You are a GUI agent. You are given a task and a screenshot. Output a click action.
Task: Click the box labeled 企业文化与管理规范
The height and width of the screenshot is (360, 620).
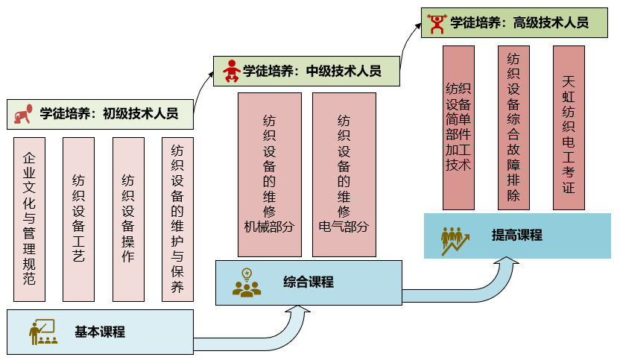pos(30,219)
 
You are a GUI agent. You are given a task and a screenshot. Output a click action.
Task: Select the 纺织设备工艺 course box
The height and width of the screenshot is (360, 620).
pos(79,219)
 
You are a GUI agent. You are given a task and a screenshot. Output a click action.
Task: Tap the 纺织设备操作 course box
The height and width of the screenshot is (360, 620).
pos(128,219)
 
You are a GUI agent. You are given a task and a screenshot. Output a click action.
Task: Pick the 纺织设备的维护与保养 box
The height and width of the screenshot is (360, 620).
pos(177,219)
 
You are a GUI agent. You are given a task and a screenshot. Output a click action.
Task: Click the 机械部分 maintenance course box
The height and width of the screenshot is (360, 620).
pos(270,174)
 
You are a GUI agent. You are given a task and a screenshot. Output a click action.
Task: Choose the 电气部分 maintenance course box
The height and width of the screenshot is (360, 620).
pos(344,174)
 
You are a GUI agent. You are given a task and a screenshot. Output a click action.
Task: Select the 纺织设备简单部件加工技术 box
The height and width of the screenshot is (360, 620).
pos(458,127)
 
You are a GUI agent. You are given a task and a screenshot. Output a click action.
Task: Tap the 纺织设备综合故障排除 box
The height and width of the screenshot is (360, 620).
pos(513,127)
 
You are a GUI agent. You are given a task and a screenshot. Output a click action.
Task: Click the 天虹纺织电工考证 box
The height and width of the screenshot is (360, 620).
pos(569,127)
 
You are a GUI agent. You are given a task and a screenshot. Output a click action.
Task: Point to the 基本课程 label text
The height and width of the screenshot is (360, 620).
pos(100,332)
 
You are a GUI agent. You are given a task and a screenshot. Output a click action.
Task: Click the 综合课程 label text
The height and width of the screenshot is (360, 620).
pos(309,282)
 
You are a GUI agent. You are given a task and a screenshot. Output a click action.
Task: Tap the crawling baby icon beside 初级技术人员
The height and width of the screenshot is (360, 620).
pos(23,114)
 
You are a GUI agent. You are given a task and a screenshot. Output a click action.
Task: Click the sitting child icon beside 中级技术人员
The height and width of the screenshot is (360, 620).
pos(231,71)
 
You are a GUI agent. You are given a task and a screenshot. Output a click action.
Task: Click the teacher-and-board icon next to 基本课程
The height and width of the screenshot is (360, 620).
pos(42,332)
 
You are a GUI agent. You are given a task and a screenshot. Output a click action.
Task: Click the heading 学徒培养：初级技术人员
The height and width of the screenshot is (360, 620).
pos(109,114)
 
